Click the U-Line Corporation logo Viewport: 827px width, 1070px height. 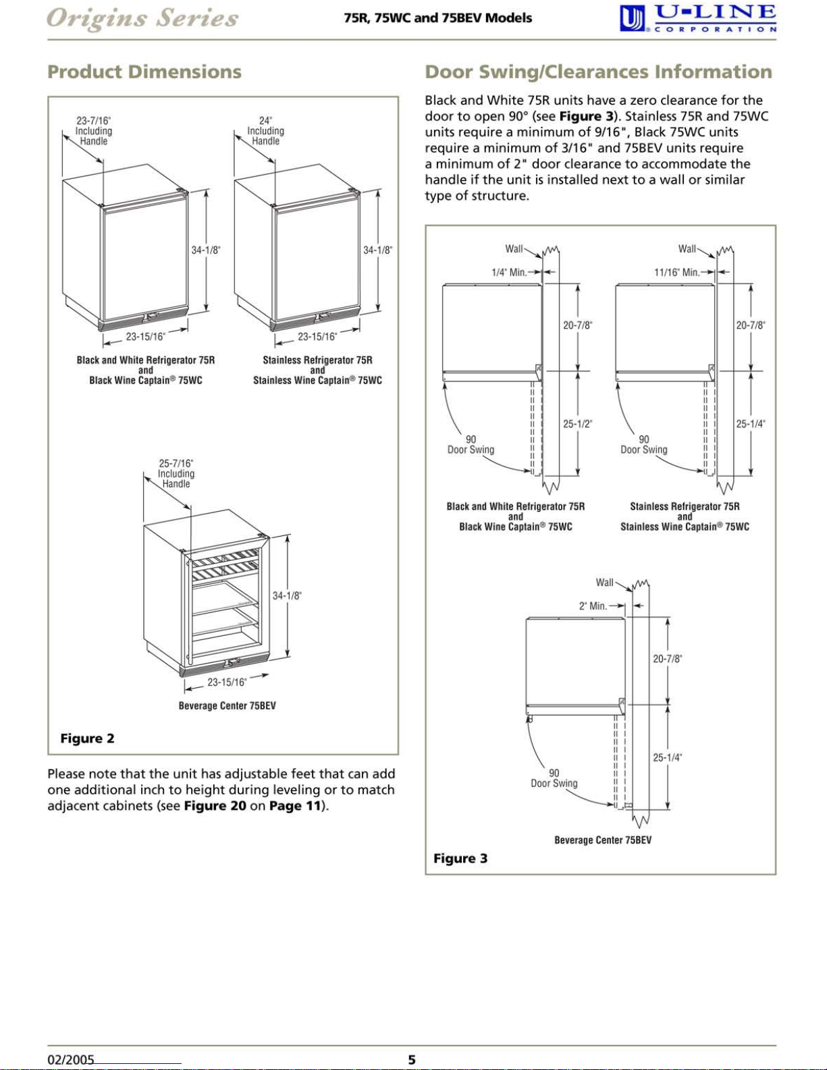pyautogui.click(x=698, y=19)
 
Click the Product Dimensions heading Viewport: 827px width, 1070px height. pyautogui.click(x=144, y=72)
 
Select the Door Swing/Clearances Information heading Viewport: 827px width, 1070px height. pyautogui.click(x=598, y=72)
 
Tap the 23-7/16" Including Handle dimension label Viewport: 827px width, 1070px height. pyautogui.click(x=94, y=130)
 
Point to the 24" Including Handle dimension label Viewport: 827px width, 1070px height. pyautogui.click(x=266, y=130)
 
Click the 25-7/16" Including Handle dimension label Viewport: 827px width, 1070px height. pyautogui.click(x=176, y=473)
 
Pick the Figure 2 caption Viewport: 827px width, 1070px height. pyautogui.click(x=87, y=738)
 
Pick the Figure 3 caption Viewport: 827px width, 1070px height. pyautogui.click(x=460, y=858)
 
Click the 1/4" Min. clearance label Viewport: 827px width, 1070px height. pyautogui.click(x=510, y=272)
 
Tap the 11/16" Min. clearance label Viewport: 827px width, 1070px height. pyautogui.click(x=677, y=272)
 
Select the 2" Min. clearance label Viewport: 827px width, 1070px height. pyautogui.click(x=593, y=606)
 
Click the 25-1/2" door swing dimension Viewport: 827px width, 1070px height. pyautogui.click(x=577, y=423)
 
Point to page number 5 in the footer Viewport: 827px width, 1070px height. pyautogui.click(x=412, y=1059)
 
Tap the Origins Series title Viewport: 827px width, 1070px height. pyautogui.click(x=142, y=19)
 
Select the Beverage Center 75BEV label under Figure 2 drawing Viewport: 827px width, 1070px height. pyautogui.click(x=228, y=705)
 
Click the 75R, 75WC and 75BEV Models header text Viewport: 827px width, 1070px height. pyautogui.click(x=438, y=18)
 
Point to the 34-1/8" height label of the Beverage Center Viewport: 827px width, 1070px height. pyautogui.click(x=287, y=595)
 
